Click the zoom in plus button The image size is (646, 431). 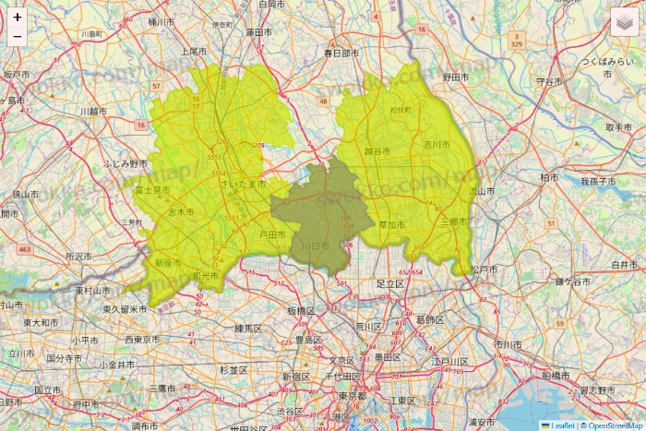tap(18, 17)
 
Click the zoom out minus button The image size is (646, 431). tap(18, 37)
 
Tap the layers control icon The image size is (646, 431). tap(625, 21)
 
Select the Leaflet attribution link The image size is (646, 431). tap(562, 425)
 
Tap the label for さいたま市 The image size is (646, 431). tap(243, 185)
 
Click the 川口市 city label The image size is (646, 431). tap(316, 246)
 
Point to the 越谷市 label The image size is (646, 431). tap(377, 150)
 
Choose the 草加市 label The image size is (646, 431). tap(392, 224)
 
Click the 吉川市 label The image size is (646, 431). tap(436, 145)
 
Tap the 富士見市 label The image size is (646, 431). tap(152, 190)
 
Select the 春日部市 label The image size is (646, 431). tap(341, 54)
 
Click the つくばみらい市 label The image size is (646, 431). tap(608, 61)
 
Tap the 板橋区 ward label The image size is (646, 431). tap(301, 311)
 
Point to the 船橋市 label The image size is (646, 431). tap(556, 376)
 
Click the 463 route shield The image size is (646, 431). tap(24, 249)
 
